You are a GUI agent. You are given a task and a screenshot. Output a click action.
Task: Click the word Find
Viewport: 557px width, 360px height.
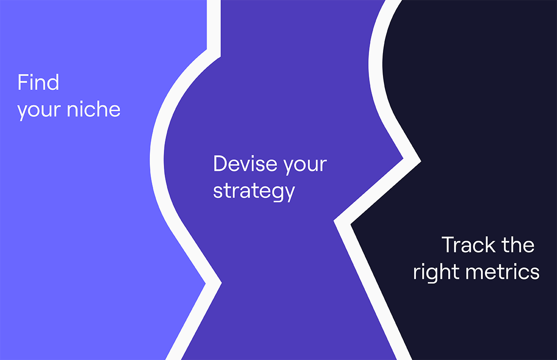pyautogui.click(x=38, y=82)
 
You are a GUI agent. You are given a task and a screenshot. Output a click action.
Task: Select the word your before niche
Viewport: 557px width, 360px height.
pyautogui.click(x=39, y=111)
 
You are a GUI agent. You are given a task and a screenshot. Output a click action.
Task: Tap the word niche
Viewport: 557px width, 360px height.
pyautogui.click(x=94, y=109)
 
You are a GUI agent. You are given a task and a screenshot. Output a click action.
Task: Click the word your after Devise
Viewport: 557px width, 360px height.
pyautogui.click(x=305, y=165)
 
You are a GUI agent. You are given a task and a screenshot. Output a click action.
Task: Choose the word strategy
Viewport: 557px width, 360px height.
pyautogui.click(x=254, y=192)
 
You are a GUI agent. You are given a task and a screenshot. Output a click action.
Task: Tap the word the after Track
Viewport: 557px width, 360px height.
pyautogui.click(x=518, y=245)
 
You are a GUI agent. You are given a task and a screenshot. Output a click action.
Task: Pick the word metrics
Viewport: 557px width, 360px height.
pyautogui.click(x=503, y=272)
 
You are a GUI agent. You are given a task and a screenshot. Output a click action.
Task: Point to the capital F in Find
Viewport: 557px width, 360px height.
pyautogui.click(x=23, y=82)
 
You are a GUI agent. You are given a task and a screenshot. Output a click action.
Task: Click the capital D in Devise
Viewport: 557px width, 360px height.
pyautogui.click(x=220, y=163)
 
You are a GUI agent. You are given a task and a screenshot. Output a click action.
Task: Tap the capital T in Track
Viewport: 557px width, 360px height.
pyautogui.click(x=449, y=245)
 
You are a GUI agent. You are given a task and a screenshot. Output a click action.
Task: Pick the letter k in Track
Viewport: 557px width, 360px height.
pyautogui.click(x=489, y=245)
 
